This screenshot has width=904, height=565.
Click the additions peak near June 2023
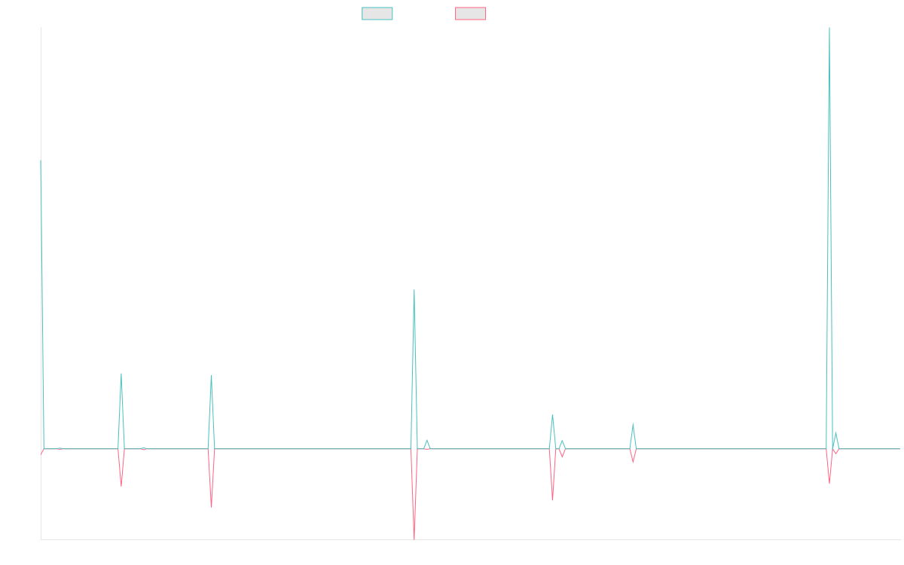414,290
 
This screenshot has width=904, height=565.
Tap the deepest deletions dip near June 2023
414,538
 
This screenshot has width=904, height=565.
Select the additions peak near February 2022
211,375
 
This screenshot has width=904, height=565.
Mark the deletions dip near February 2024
552,500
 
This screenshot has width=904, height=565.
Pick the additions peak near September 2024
633,424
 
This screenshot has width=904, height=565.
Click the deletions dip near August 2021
121,486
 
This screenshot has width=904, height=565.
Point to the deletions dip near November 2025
829,483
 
